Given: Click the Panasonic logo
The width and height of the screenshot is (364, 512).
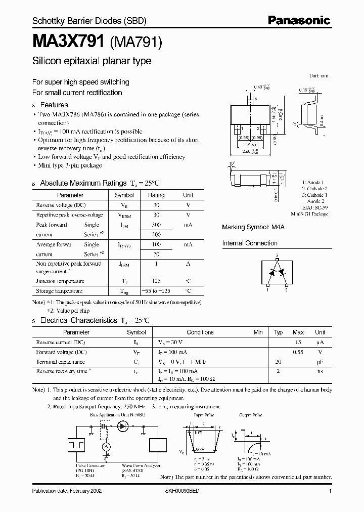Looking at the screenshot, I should (x=299, y=21).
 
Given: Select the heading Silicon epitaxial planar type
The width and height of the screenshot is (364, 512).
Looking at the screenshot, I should (x=92, y=61).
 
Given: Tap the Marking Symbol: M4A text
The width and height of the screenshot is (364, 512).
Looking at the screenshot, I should (x=253, y=227).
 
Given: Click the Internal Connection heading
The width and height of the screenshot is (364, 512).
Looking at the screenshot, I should (x=250, y=243).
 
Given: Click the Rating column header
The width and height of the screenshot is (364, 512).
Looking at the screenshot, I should (x=156, y=195).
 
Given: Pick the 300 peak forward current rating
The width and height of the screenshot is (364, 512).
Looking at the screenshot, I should (x=156, y=225).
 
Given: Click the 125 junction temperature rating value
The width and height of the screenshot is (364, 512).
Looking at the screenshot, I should (x=156, y=281).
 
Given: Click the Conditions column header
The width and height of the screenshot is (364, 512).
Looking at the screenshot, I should (x=200, y=332).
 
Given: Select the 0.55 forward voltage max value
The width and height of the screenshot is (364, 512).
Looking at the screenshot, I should (x=298, y=352).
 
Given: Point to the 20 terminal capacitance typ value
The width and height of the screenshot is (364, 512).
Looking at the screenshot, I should (x=278, y=362).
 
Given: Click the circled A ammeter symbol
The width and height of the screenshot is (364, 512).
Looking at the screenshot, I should (x=107, y=447).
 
